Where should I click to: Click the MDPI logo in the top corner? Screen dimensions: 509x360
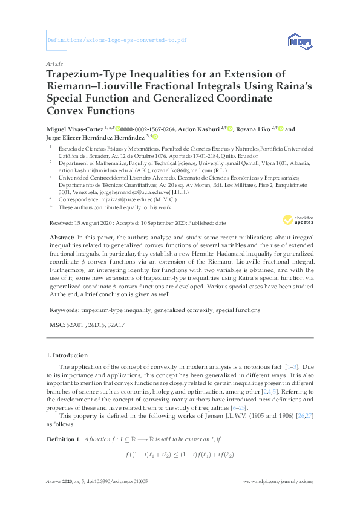(300, 42)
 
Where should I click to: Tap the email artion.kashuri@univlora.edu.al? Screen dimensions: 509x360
(90, 170)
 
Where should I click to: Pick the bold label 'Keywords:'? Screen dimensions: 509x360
(64, 310)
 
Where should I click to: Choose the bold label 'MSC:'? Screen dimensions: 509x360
(56, 325)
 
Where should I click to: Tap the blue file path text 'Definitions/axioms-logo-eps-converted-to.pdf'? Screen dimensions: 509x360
(116, 42)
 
